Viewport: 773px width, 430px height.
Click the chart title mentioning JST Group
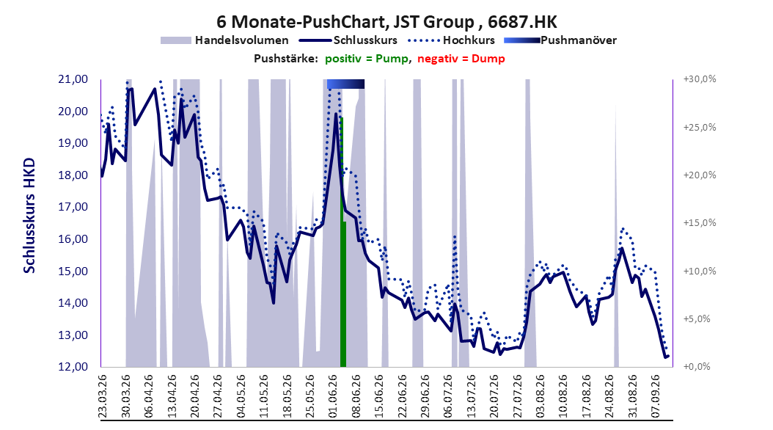tap(387, 22)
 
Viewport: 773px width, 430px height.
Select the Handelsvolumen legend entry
tap(225, 40)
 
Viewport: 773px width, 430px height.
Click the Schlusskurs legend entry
tap(348, 40)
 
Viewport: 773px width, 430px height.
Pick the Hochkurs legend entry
tap(450, 40)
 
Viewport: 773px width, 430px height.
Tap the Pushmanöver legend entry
tap(560, 40)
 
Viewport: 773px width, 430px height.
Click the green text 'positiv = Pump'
tap(366, 59)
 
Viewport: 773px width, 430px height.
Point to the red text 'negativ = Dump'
tap(461, 59)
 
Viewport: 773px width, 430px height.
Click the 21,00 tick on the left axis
tap(73, 79)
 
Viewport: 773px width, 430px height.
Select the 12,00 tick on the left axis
tap(73, 367)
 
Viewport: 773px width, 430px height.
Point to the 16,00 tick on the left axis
tap(73, 239)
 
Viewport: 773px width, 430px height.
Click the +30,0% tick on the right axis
tap(700, 79)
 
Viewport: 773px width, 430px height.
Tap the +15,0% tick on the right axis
tap(700, 223)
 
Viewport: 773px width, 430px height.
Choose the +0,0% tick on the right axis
tap(697, 367)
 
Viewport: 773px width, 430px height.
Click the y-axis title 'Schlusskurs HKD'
tap(29, 216)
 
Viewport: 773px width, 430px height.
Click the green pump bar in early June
tap(343, 243)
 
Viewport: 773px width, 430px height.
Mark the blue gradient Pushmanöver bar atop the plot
tap(345, 84)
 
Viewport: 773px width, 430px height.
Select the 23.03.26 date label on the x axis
tap(103, 396)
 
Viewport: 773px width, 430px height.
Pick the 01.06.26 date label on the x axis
tap(333, 396)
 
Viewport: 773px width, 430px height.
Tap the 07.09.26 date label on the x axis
tap(655, 396)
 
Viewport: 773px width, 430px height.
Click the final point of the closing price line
tap(668, 356)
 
